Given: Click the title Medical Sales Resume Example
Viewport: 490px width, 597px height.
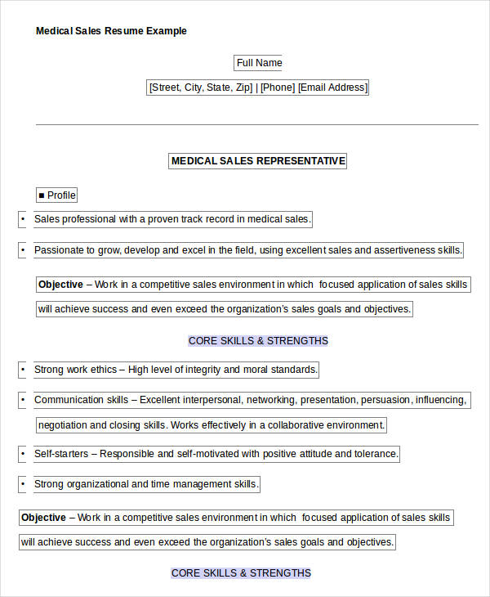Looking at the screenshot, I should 111,31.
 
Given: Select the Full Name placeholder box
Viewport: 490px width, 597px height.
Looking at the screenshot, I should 259,63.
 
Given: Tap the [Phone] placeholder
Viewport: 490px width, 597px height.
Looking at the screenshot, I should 278,88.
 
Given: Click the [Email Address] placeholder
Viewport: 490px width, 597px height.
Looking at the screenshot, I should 332,88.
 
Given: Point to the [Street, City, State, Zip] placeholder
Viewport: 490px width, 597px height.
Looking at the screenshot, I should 201,88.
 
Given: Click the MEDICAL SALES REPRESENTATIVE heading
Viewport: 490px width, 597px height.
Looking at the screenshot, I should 258,161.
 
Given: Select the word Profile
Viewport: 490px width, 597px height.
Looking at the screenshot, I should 61,195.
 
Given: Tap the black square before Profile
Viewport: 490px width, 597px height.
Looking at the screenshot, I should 42,195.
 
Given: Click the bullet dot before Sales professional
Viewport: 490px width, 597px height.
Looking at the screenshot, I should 22,219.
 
